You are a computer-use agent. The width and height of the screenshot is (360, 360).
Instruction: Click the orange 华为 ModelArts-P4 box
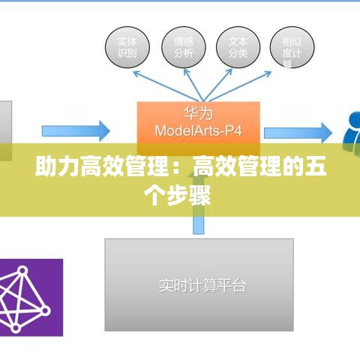coord(198,123)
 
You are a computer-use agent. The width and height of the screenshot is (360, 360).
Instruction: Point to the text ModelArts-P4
coord(198,131)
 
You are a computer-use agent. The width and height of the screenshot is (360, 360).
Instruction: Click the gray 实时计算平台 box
coord(198,285)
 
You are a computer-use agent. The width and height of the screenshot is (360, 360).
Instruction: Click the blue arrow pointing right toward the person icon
coord(297,132)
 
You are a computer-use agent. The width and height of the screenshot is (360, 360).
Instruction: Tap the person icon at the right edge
coord(351,132)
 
